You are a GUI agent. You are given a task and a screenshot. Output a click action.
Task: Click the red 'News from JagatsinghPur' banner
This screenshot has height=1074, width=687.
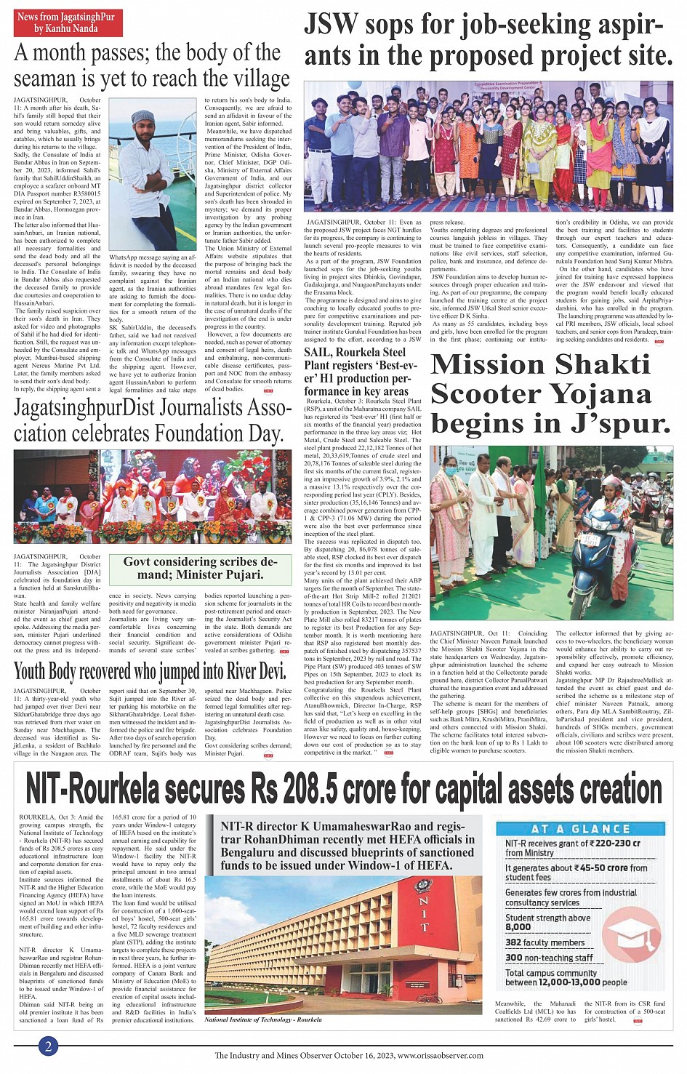(x=68, y=23)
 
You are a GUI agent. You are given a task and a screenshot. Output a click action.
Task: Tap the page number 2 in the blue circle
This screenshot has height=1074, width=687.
(x=48, y=1046)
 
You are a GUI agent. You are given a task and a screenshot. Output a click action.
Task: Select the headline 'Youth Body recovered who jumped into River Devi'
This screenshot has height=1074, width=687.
(x=150, y=670)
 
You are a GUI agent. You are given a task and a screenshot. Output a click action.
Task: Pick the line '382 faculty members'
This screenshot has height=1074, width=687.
(x=545, y=942)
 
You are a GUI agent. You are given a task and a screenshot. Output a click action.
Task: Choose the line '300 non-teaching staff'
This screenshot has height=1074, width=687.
(x=549, y=958)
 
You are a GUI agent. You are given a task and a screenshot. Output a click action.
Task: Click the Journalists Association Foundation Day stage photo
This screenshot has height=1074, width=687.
(x=153, y=496)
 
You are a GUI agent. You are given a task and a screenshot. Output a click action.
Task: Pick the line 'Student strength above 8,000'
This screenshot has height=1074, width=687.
(x=547, y=922)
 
